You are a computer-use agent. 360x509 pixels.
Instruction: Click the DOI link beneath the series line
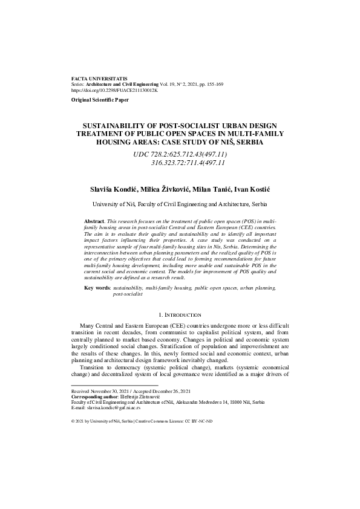pyautogui.click(x=114, y=90)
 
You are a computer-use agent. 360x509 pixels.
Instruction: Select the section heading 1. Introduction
pyautogui.click(x=180, y=315)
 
